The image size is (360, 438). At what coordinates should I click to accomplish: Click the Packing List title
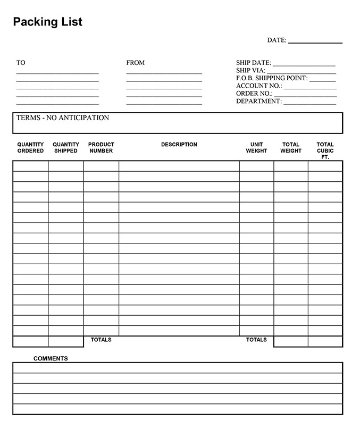click(47, 22)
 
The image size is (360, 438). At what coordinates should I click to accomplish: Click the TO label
click(21, 63)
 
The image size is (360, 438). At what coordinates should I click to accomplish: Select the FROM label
click(135, 63)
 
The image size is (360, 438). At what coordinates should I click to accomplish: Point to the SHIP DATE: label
click(253, 63)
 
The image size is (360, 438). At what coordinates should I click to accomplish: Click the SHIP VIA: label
click(250, 70)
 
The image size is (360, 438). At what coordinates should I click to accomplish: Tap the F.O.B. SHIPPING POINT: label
click(272, 78)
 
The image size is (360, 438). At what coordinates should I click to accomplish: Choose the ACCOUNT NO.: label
click(259, 86)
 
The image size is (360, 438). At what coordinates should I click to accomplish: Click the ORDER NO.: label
click(254, 94)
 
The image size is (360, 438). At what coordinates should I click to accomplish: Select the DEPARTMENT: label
click(259, 101)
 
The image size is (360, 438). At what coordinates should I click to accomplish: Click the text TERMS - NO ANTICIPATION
click(63, 118)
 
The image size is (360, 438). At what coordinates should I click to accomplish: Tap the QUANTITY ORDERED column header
click(31, 148)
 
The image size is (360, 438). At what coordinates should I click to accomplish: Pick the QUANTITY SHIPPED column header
click(66, 148)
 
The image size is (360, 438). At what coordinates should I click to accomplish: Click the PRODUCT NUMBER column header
click(101, 148)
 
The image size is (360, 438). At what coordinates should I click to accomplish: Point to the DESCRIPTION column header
click(179, 145)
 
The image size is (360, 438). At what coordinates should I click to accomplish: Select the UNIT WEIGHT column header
click(256, 148)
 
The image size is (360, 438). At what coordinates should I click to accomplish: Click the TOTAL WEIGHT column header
click(291, 148)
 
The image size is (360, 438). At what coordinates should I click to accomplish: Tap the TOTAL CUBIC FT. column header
click(325, 151)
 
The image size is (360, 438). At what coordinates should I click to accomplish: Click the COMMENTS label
click(51, 359)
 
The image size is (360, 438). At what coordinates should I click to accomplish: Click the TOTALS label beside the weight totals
click(256, 340)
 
